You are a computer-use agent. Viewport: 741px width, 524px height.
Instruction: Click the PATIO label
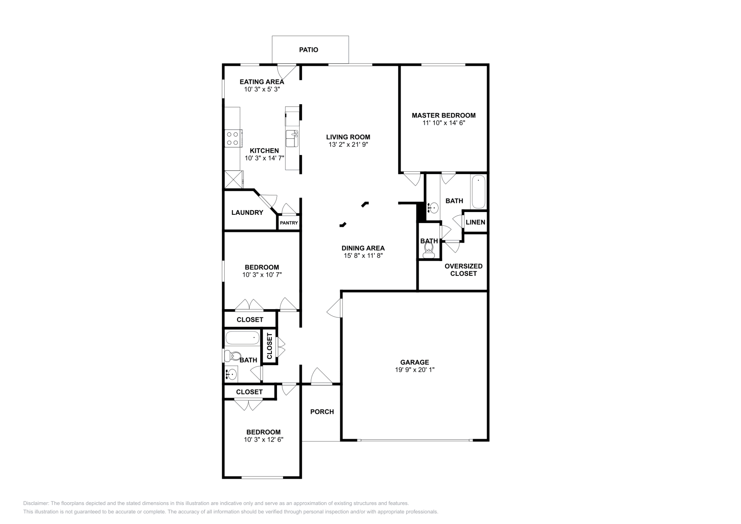tap(308, 50)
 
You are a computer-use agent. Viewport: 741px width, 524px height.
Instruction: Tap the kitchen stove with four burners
tap(232, 138)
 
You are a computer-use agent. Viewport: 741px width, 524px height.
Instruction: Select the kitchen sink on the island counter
tap(292, 138)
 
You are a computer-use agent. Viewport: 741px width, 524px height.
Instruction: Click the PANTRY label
tap(289, 223)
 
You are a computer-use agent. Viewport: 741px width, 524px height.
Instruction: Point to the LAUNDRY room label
tap(247, 212)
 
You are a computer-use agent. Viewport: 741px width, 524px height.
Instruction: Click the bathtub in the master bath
tap(478, 192)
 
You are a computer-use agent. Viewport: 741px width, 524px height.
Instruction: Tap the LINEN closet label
tap(475, 222)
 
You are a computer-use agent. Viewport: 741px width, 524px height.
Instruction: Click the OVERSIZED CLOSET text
tap(464, 269)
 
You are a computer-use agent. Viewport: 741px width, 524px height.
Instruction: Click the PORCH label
tap(322, 412)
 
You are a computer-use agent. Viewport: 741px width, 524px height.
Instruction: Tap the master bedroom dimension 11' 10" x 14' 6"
tap(443, 123)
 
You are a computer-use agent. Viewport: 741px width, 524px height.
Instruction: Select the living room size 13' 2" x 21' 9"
tap(348, 144)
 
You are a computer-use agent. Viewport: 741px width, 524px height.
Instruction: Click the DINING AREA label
tap(363, 248)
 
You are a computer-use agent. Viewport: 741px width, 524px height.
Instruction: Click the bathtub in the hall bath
tap(243, 338)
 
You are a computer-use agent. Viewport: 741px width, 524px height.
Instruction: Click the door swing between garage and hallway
tap(334, 308)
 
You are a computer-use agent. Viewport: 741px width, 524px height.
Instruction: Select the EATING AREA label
tap(262, 82)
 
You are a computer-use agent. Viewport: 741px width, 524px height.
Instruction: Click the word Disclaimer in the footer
tap(35, 503)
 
